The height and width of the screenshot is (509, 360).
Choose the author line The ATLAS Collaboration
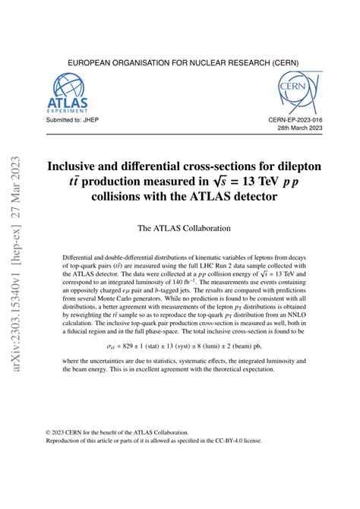[x=179, y=228]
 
